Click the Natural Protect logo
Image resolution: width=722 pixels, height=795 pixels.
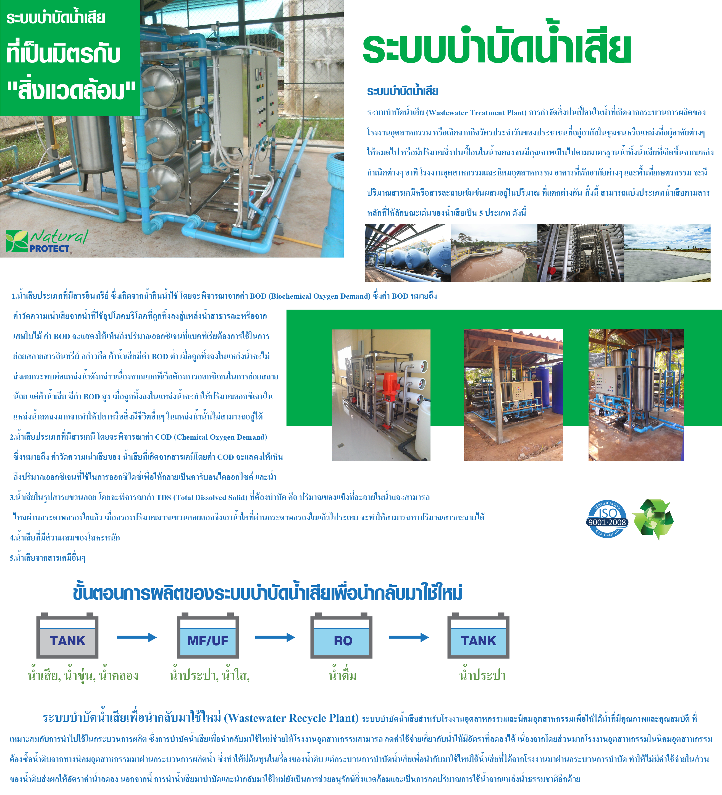click(46, 241)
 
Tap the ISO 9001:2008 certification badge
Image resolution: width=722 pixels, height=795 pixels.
click(607, 519)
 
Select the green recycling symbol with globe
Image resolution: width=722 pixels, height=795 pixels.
click(653, 519)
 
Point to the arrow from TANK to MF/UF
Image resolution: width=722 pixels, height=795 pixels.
click(137, 637)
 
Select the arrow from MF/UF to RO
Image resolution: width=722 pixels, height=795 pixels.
click(275, 637)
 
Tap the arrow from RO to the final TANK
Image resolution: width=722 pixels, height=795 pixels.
click(409, 637)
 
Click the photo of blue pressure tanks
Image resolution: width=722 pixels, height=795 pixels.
click(408, 253)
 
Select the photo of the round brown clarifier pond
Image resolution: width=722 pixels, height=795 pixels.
click(494, 253)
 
